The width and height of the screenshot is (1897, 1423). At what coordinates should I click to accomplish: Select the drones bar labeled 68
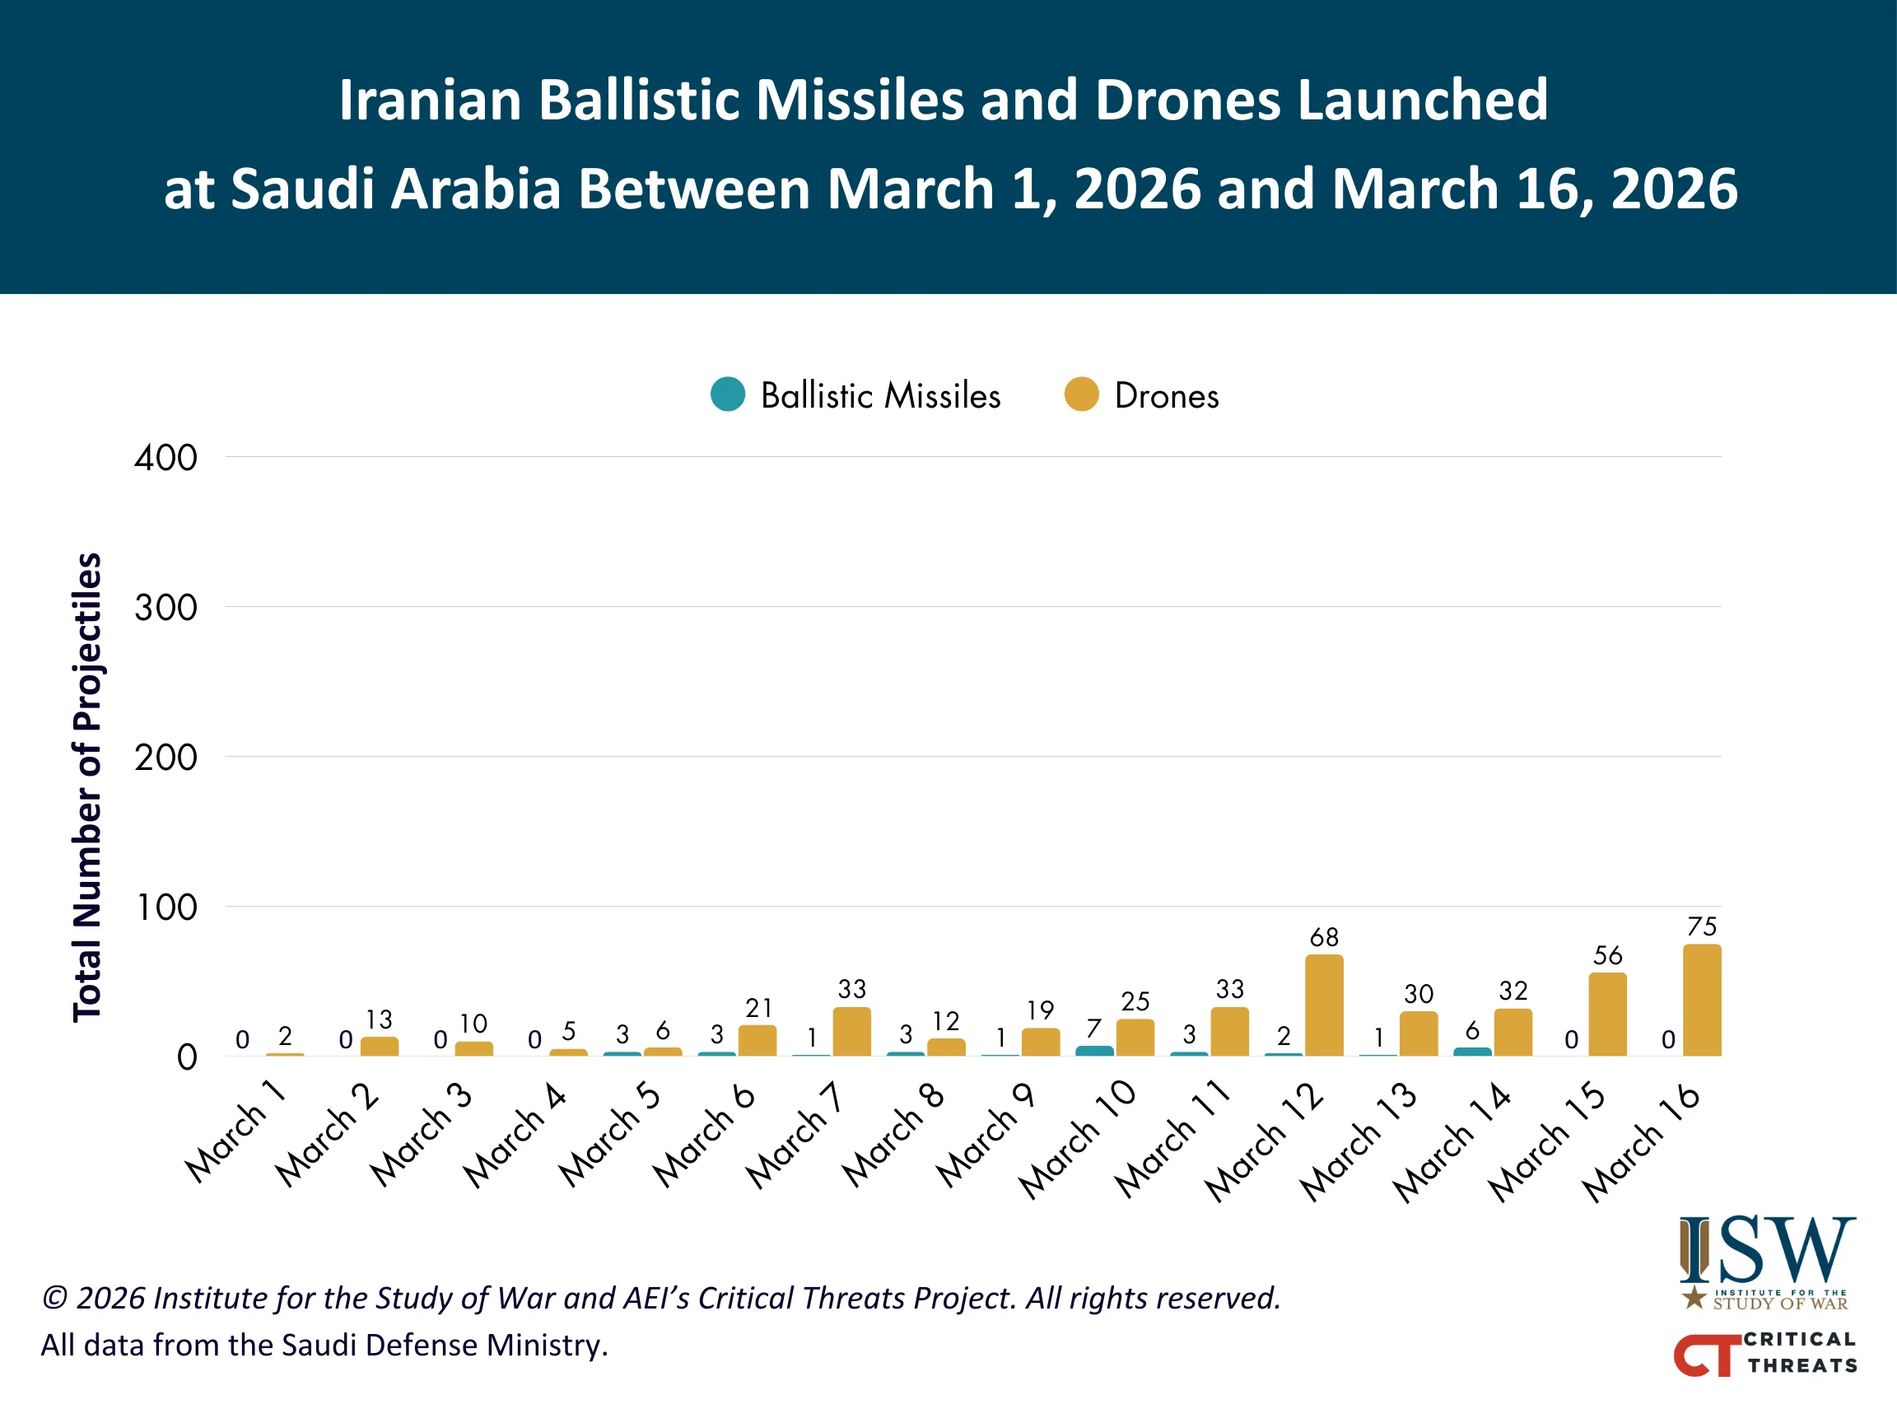tap(1324, 1005)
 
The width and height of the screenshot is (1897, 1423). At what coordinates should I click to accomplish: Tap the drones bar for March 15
tap(1607, 1015)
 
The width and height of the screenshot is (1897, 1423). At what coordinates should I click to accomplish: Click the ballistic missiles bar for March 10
tap(1094, 1051)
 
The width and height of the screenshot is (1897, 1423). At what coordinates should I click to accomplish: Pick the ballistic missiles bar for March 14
tap(1471, 1052)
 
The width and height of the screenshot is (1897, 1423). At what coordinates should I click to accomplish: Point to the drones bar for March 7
tap(851, 1032)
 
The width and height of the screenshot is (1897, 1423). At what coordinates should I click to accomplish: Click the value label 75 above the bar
tap(1702, 926)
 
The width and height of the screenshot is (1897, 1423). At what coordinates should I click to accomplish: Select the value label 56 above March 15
tap(1607, 955)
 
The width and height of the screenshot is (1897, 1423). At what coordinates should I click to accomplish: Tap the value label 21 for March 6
tap(758, 1008)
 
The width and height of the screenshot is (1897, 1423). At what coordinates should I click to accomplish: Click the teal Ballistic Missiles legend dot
tap(728, 394)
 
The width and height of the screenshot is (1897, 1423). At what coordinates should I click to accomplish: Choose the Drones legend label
tap(1167, 396)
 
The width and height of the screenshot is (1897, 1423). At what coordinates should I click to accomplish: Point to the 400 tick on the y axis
tap(165, 458)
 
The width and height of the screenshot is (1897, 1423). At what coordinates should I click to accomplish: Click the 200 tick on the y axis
tap(165, 758)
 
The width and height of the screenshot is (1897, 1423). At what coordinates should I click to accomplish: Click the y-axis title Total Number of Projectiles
tap(86, 786)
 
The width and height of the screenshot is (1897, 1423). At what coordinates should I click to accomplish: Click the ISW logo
tap(1767, 1261)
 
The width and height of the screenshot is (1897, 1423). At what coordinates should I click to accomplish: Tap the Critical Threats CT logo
tap(1765, 1354)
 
